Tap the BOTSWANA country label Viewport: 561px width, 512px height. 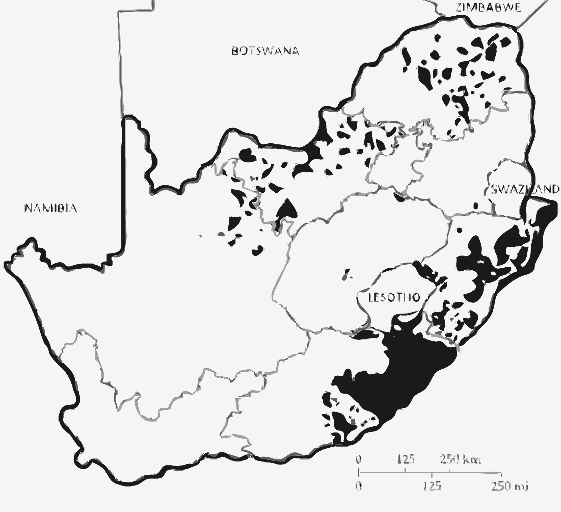coord(265,51)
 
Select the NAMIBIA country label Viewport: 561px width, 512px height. coord(51,208)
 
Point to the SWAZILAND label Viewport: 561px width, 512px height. coord(525,189)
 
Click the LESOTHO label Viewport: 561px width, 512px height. coord(394,298)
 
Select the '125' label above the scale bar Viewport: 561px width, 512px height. coord(406,459)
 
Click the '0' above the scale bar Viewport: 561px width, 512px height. coord(359,459)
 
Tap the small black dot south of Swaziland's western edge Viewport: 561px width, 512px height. coord(475,206)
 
